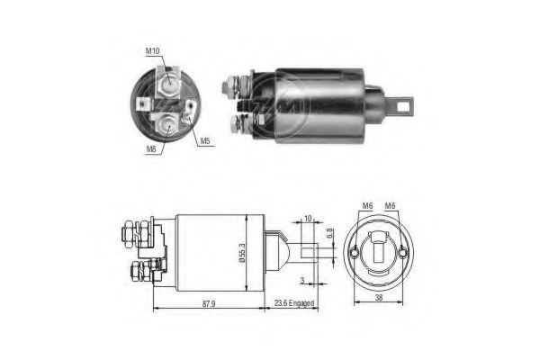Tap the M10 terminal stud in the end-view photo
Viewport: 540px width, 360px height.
[169, 86]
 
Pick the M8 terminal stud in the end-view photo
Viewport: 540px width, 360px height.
[167, 121]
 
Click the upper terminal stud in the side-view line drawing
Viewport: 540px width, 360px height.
[128, 236]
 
